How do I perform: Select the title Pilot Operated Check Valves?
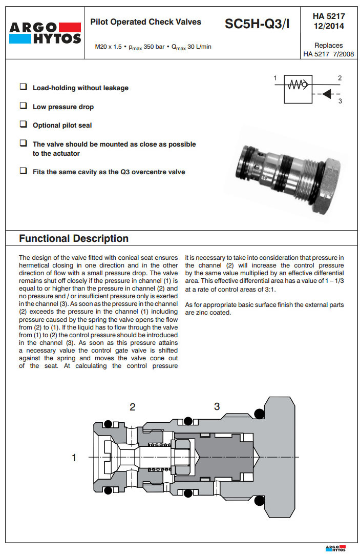(x=145, y=22)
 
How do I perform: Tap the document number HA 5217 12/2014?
(x=328, y=21)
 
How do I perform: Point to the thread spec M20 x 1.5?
(x=109, y=47)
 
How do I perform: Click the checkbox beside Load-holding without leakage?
(x=23, y=87)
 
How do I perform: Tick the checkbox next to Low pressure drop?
(x=23, y=106)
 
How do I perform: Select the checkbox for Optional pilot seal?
(x=23, y=125)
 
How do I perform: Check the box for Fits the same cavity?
(x=23, y=171)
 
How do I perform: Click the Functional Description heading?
(x=74, y=238)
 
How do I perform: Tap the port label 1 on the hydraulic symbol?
(x=275, y=78)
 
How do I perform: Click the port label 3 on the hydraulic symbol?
(x=340, y=101)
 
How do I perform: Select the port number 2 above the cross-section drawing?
(x=133, y=407)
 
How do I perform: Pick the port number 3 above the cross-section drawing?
(x=217, y=406)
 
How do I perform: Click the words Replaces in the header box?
(x=328, y=45)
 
